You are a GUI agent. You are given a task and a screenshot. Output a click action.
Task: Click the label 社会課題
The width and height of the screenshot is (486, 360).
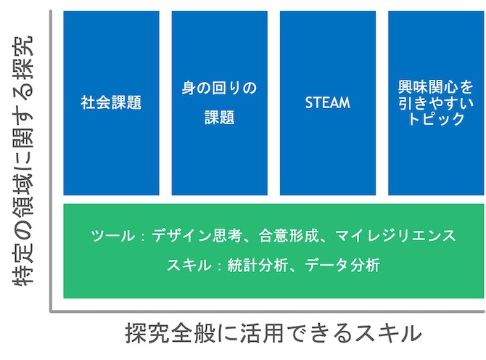111,102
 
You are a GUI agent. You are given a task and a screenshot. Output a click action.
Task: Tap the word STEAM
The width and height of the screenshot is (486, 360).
328,102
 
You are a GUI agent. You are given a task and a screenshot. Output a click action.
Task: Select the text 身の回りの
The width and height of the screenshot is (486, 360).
219,88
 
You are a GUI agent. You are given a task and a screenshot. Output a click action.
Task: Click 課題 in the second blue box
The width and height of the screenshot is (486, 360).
220,118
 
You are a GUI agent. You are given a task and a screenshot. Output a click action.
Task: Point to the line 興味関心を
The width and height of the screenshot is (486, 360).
435,87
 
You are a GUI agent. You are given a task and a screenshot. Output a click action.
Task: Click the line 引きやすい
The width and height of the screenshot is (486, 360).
435,103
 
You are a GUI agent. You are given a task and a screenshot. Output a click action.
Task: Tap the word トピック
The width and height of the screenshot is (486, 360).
436,118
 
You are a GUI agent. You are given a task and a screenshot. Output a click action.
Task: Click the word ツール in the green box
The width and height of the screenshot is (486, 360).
113,236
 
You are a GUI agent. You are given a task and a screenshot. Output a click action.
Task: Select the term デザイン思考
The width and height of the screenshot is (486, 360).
197,236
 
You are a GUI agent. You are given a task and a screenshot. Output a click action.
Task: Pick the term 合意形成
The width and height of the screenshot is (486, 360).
288,236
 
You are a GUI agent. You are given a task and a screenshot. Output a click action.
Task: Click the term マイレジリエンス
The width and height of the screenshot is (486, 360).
395,236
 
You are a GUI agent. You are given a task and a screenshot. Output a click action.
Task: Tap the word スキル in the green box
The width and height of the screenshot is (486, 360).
189,266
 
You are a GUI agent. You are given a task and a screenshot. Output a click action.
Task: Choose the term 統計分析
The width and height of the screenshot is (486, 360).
258,266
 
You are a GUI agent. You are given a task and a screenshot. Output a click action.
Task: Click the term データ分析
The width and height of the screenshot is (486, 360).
342,266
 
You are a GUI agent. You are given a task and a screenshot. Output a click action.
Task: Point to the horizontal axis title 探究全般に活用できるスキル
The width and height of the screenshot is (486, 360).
273,333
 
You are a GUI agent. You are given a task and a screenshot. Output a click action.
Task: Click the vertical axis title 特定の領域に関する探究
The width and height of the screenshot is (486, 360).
23,160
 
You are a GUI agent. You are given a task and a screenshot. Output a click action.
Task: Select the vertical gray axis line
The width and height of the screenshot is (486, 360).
51,161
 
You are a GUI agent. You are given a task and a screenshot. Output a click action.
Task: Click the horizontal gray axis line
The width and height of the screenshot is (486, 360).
268,311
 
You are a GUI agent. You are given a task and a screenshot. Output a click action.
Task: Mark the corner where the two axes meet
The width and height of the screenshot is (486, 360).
51,311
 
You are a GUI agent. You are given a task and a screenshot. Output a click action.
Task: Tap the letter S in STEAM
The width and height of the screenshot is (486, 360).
309,102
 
